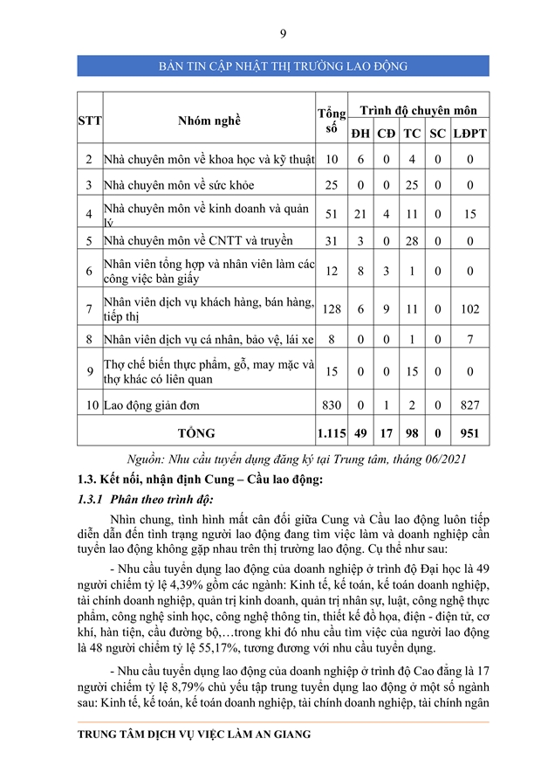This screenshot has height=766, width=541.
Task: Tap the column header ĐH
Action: [360, 134]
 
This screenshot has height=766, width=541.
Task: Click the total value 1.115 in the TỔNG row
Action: [332, 432]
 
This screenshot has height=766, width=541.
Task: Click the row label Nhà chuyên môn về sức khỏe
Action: [179, 185]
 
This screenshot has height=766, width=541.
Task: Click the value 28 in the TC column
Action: [413, 240]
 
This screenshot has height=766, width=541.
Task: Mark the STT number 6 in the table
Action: [89, 272]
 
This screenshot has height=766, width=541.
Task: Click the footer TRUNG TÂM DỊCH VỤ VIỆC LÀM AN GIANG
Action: [194, 735]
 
